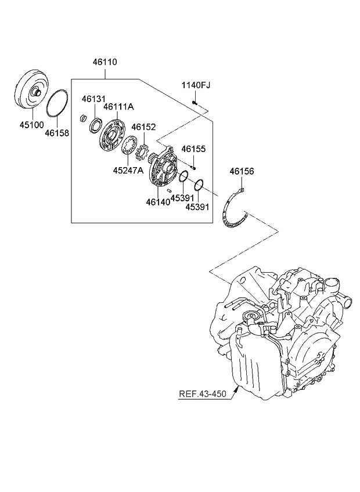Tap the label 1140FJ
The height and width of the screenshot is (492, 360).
tap(196, 85)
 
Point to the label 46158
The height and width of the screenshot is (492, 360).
tap(57, 133)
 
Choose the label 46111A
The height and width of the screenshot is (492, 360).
tap(119, 107)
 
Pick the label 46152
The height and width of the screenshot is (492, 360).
tap(143, 126)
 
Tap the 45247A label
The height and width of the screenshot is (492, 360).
tap(129, 171)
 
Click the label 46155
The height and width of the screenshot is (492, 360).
tap(194, 149)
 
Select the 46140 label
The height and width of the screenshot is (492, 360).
tap(158, 201)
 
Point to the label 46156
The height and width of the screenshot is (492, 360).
tap(242, 171)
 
